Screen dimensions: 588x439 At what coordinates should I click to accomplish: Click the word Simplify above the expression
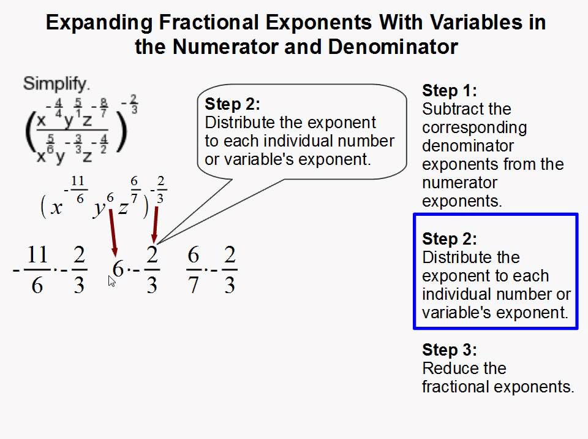click(56, 84)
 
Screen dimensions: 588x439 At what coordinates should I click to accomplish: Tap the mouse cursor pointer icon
click(111, 281)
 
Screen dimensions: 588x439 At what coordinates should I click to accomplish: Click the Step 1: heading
click(449, 91)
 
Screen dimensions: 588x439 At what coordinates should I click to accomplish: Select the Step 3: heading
click(449, 349)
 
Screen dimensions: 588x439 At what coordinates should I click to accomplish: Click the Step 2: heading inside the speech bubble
click(232, 104)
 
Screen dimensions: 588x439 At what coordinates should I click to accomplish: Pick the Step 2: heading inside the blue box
click(449, 239)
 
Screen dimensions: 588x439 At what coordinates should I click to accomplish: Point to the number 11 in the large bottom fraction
click(37, 254)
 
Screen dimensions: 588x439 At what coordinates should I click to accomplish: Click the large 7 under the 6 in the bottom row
click(193, 285)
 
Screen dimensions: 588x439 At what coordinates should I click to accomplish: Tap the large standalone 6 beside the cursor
click(118, 269)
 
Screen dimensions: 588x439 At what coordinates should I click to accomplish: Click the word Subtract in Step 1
click(449, 109)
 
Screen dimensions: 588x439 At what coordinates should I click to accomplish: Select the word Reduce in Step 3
click(445, 368)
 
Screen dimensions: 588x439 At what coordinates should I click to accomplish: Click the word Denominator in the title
click(393, 47)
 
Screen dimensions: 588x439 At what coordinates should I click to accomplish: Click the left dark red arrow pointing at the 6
click(113, 233)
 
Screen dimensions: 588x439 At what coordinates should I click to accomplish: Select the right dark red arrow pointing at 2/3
click(155, 224)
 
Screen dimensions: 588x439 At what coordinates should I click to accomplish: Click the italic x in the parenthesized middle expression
click(56, 208)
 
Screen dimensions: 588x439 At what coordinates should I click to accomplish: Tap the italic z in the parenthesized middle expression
click(123, 208)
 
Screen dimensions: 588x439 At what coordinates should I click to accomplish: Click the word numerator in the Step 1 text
click(459, 183)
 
